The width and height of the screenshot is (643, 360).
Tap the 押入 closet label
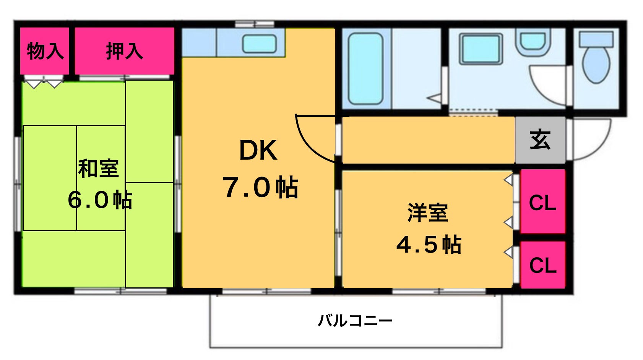coord(124,51)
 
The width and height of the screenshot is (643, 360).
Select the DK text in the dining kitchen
coord(258,150)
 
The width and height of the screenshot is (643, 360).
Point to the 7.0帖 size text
coord(260,187)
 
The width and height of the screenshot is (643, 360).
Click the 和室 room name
coord(98,168)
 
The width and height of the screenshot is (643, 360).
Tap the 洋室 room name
coord(427,212)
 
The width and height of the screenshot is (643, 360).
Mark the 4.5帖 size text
coord(429,245)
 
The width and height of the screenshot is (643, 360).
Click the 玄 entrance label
coord(540,140)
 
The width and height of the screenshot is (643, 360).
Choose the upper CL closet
coord(542,203)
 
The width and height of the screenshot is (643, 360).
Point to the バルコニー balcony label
coord(356,320)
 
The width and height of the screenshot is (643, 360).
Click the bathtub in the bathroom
coord(365,69)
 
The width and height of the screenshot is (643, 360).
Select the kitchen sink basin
coord(260,44)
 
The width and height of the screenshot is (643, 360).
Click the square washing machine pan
coord(481,49)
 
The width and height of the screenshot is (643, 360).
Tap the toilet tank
coord(596,39)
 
